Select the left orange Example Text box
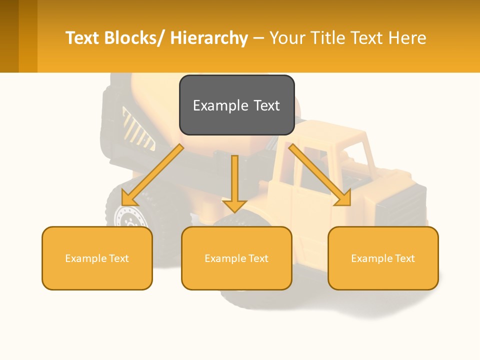[x=97, y=258]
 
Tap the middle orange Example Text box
[x=236, y=258]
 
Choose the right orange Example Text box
[x=383, y=258]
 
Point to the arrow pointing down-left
[x=152, y=175]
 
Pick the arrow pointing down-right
[x=320, y=175]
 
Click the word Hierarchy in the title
[x=209, y=38]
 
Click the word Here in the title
[x=407, y=38]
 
